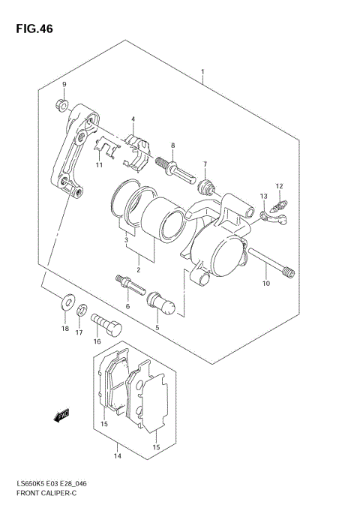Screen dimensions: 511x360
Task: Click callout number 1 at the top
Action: pos(202,73)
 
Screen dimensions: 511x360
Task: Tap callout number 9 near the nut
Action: pos(64,84)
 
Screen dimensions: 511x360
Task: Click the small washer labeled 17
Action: pos(82,308)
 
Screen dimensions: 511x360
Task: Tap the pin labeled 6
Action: pos(127,286)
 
